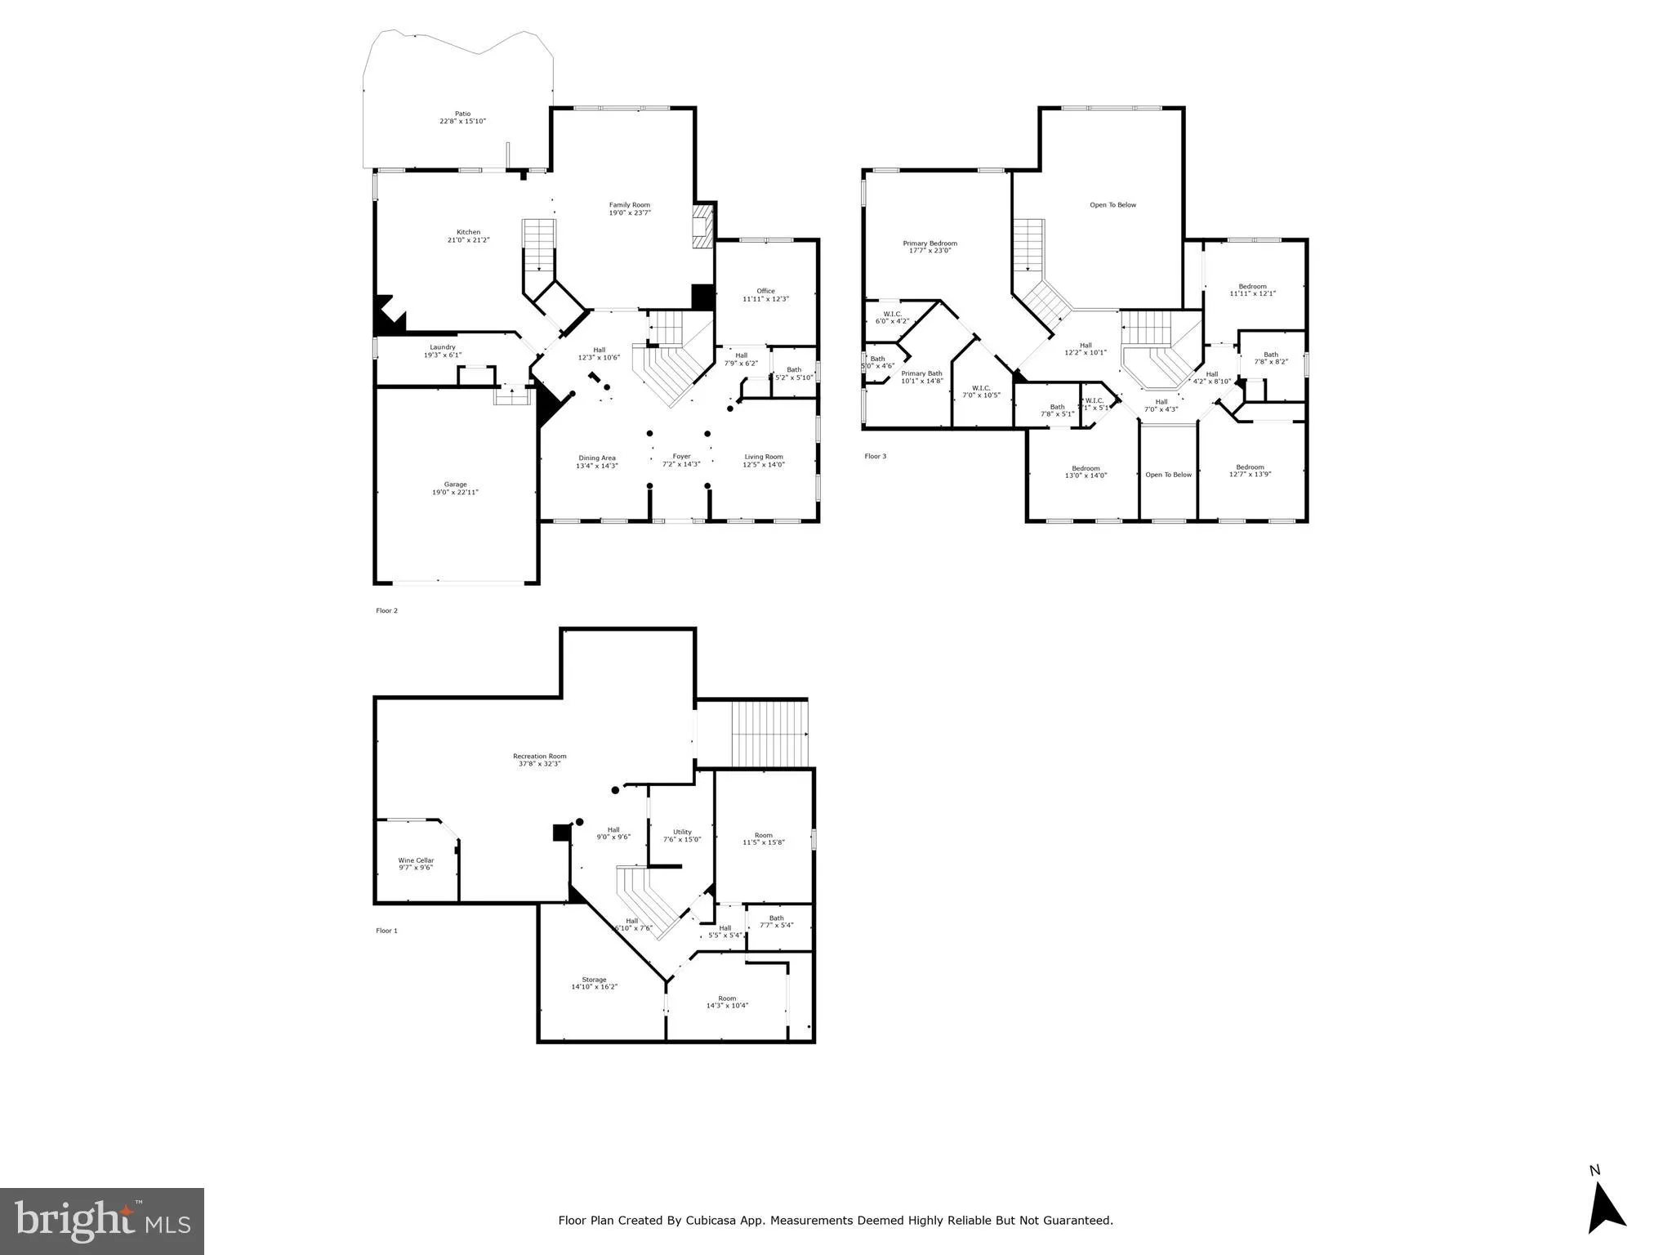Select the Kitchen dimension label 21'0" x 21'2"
click(x=468, y=240)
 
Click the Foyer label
click(x=681, y=457)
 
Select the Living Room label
click(x=763, y=457)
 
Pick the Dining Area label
click(x=596, y=458)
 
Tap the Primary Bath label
click(x=921, y=373)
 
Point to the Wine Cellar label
click(x=416, y=860)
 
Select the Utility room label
click(x=682, y=832)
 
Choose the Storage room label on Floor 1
click(x=594, y=980)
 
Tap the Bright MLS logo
click(x=102, y=1221)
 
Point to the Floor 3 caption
click(x=875, y=456)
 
